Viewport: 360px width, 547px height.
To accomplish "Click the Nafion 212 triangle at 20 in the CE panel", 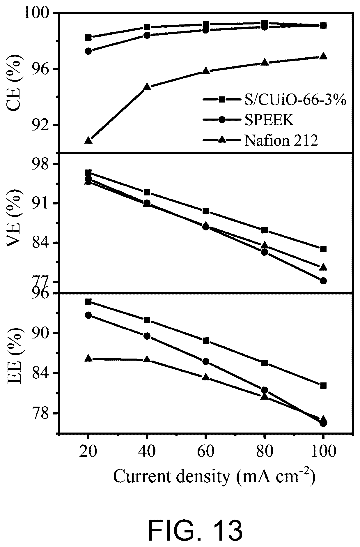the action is tap(88, 140).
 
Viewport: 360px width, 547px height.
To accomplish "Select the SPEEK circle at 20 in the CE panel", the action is tap(88, 51).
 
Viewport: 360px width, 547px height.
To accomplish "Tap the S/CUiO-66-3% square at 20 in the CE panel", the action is tap(88, 38).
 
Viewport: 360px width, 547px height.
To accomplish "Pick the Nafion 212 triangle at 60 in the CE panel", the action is tap(206, 71).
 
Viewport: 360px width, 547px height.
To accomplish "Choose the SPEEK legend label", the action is tap(269, 120).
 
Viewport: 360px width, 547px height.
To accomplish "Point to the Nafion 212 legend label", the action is tap(281, 140).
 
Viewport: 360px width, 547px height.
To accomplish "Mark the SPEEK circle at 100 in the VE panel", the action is tap(323, 281).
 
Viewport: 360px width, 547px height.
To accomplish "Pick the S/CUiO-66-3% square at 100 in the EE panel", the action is tap(323, 386).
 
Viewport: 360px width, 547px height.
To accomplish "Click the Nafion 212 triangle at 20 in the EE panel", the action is tap(88, 358).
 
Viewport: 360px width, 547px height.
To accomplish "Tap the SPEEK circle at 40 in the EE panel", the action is tap(147, 336).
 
